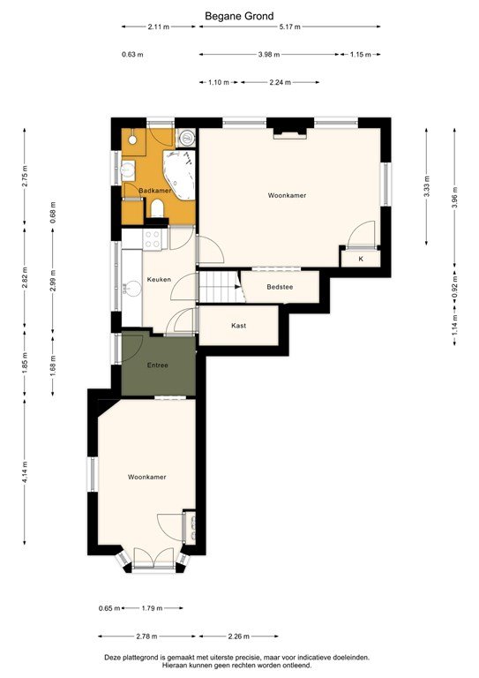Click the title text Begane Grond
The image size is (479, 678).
(239, 15)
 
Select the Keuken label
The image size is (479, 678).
(158, 279)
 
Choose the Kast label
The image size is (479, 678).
(238, 325)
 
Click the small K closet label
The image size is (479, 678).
(360, 259)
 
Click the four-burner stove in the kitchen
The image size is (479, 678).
(152, 237)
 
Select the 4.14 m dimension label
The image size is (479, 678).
(26, 477)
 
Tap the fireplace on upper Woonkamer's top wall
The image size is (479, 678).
(288, 134)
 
